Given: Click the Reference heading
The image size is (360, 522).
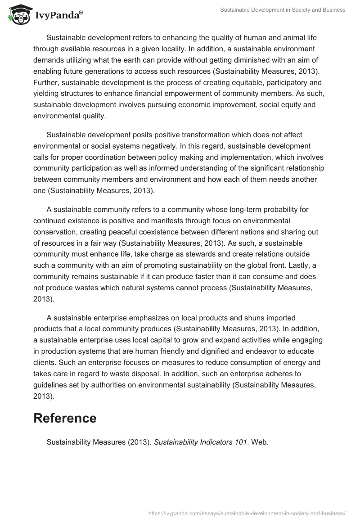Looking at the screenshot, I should coord(65,418).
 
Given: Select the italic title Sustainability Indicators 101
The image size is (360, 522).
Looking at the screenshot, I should coord(200,442).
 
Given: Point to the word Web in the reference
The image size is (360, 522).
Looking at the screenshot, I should coord(259,442).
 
